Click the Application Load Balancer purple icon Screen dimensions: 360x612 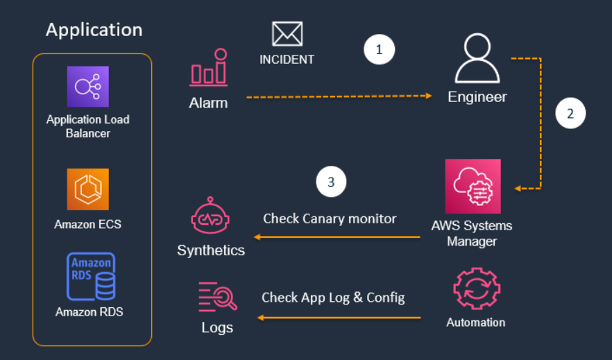[x=88, y=87]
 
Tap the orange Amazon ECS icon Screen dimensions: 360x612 [x=88, y=189]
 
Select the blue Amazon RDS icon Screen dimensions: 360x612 [x=90, y=276]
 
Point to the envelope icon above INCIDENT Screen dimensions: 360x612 [x=287, y=33]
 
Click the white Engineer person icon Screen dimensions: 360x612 [x=477, y=60]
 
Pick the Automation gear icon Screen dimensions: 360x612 [x=476, y=289]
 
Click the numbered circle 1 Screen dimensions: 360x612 [x=379, y=50]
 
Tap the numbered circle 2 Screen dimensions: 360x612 [x=570, y=114]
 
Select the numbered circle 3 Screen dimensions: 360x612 [x=331, y=182]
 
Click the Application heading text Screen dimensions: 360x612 [x=94, y=30]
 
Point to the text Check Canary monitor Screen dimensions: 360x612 [x=330, y=218]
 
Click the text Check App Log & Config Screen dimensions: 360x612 [x=333, y=298]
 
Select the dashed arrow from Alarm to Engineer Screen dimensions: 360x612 [x=339, y=96]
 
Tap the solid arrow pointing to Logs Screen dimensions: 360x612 [x=339, y=318]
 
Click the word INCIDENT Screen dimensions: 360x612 [x=287, y=60]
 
